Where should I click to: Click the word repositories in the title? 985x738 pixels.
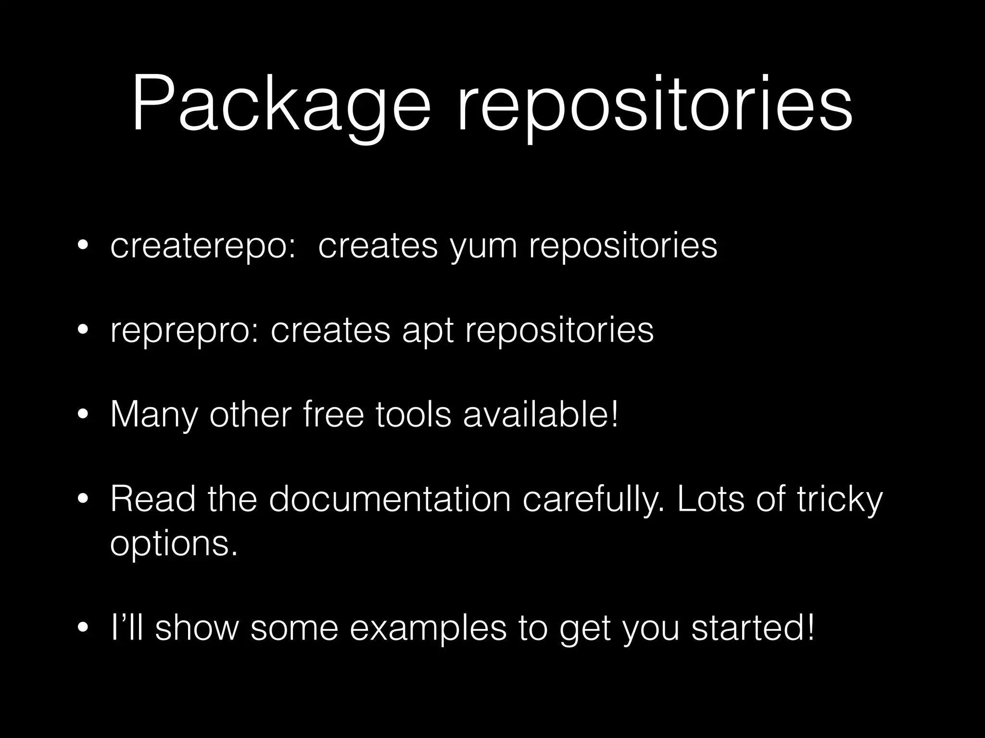655,105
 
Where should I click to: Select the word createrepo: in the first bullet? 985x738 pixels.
202,246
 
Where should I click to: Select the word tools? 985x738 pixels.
413,414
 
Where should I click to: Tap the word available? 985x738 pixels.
541,414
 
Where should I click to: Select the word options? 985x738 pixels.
174,544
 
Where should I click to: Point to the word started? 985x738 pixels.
753,628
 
